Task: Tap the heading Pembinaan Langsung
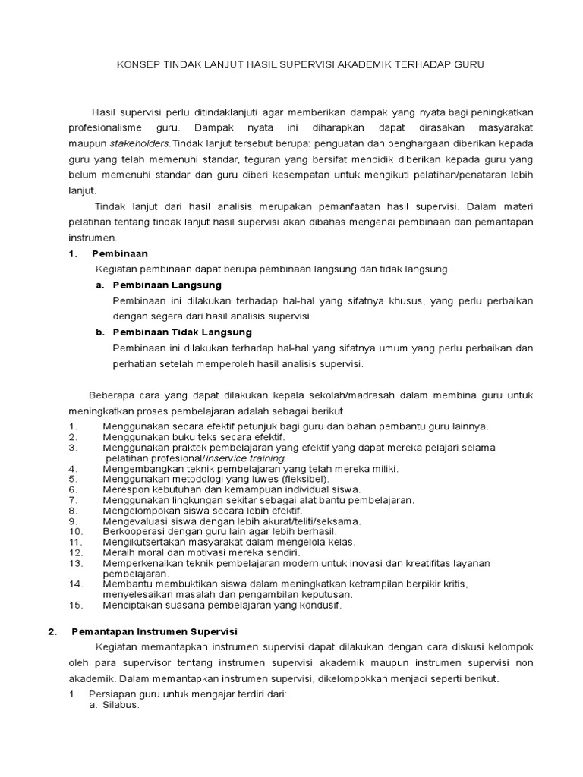pos(167,285)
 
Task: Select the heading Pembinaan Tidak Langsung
pos(182,332)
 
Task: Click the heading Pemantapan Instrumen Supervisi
pos(154,631)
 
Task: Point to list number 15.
pos(75,605)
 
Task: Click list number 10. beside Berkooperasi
pos(75,531)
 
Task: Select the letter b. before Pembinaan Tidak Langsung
pos(99,332)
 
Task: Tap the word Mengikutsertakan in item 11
pos(142,542)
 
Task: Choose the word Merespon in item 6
pos(123,489)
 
